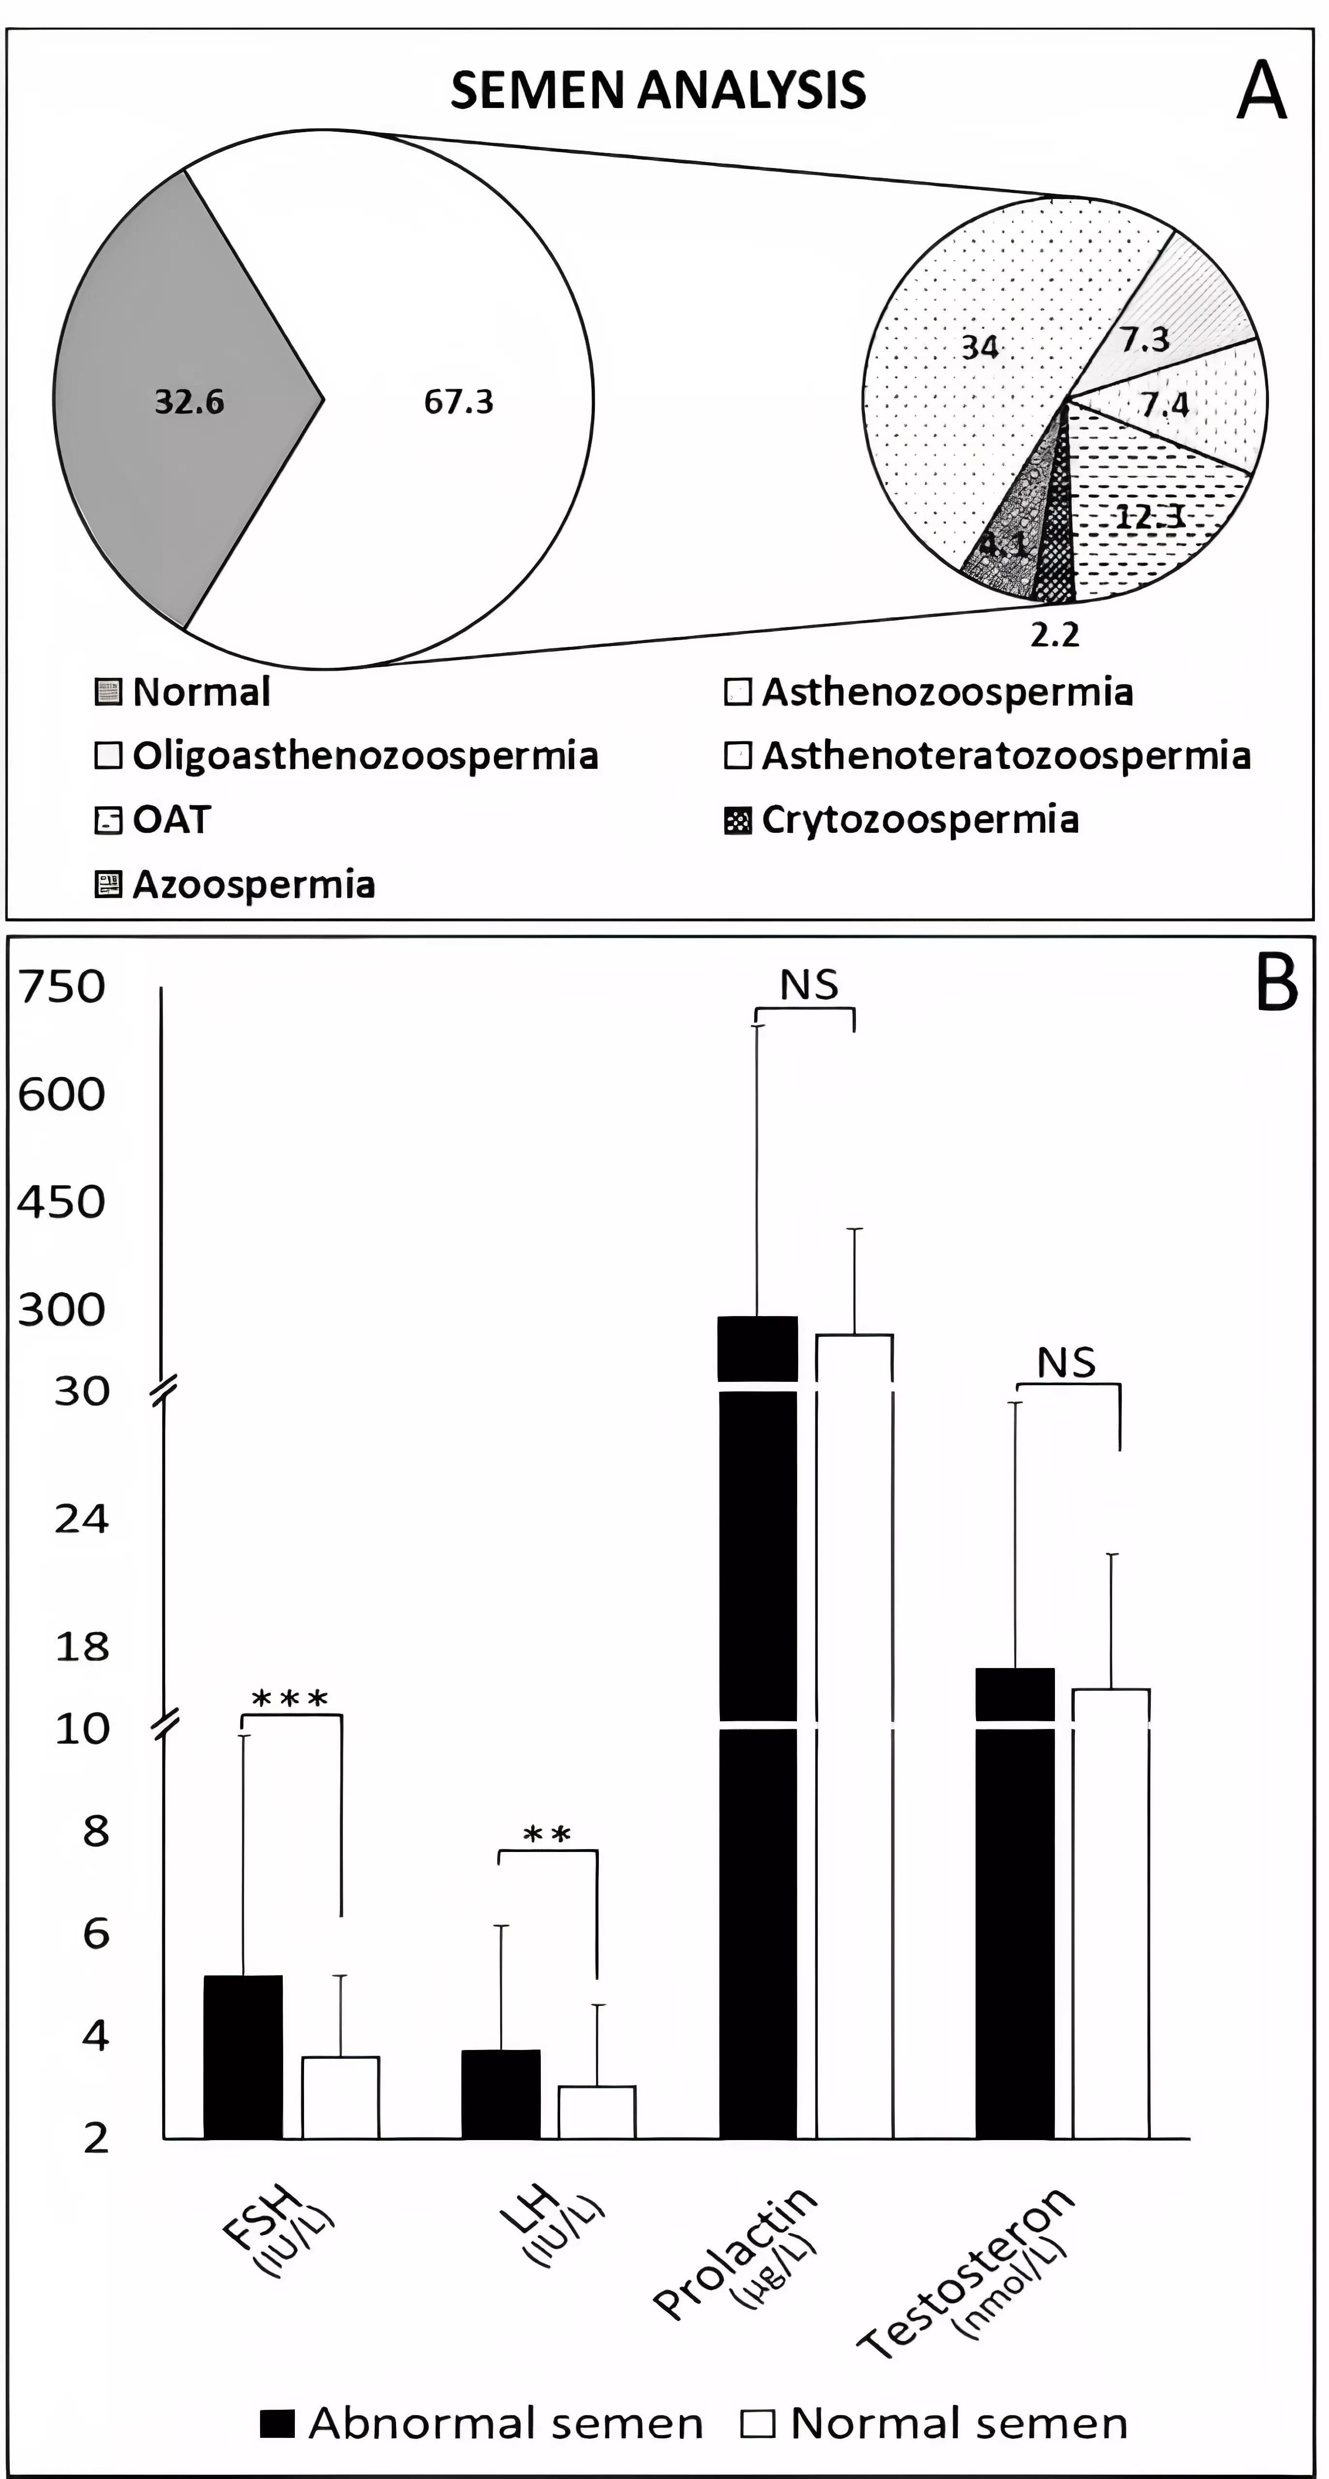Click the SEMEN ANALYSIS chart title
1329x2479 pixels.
(658, 91)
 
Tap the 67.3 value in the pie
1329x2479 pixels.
(458, 401)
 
